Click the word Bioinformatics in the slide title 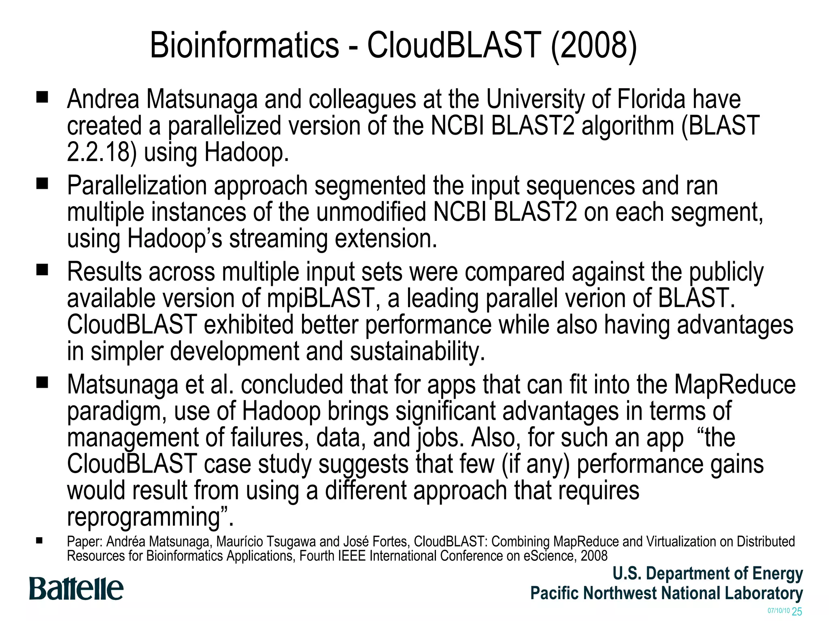click(x=244, y=45)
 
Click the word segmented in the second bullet click(x=370, y=186)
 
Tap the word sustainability click(x=417, y=351)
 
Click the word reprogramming click(x=144, y=517)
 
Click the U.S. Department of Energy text click(x=708, y=574)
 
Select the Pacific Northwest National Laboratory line click(x=666, y=593)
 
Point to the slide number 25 click(x=797, y=611)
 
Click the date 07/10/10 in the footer click(x=778, y=610)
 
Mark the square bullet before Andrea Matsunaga click(x=42, y=97)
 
